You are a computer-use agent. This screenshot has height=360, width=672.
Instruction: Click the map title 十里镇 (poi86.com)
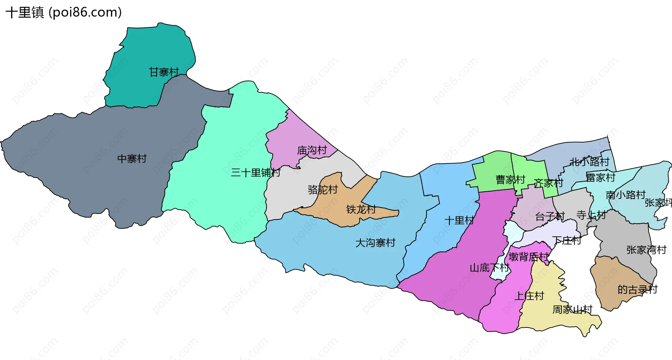64,13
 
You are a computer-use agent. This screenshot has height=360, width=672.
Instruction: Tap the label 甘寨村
164,72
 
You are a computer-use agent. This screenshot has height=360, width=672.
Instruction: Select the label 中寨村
132,159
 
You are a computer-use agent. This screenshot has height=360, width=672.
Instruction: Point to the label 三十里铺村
255,173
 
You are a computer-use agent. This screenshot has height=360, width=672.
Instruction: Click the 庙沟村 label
312,151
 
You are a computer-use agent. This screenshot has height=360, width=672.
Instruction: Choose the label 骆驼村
323,190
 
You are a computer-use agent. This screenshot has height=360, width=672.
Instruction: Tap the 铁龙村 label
361,209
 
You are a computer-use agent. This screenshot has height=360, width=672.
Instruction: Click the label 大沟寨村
375,243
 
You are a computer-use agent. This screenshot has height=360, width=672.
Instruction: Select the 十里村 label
459,221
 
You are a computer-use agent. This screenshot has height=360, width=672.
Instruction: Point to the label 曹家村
510,180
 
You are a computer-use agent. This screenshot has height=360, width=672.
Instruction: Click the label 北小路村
589,162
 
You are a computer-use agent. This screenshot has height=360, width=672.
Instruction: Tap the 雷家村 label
601,178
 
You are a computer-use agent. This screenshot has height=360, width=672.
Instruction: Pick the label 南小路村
625,195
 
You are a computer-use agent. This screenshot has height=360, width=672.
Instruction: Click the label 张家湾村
646,250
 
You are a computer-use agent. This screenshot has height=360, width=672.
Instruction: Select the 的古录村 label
637,290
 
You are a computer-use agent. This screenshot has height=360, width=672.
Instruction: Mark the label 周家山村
572,310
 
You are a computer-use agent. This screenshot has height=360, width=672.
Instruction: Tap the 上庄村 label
529,296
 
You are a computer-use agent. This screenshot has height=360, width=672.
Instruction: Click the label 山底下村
489,268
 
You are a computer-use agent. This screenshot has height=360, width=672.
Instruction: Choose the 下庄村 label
566,240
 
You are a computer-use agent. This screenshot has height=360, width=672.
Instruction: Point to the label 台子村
550,216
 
